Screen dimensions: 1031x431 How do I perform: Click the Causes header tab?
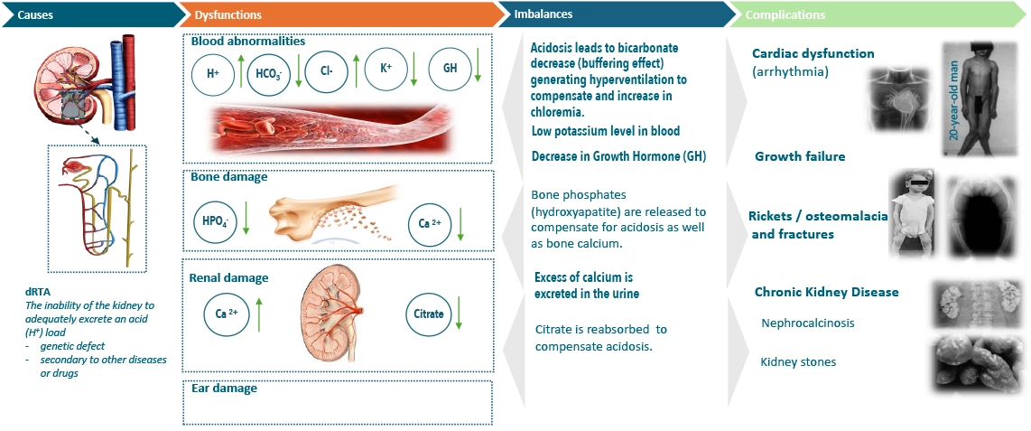tap(91, 14)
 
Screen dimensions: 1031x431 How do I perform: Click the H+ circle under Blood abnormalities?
tap(213, 75)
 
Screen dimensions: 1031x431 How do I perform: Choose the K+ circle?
tap(386, 70)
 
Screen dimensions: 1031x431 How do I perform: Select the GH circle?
tap(450, 70)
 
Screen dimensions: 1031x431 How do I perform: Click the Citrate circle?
tap(428, 314)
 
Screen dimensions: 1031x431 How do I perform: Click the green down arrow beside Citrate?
tap(459, 314)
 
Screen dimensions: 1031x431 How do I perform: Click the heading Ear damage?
tap(224, 389)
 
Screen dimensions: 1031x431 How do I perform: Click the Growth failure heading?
tap(800, 156)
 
